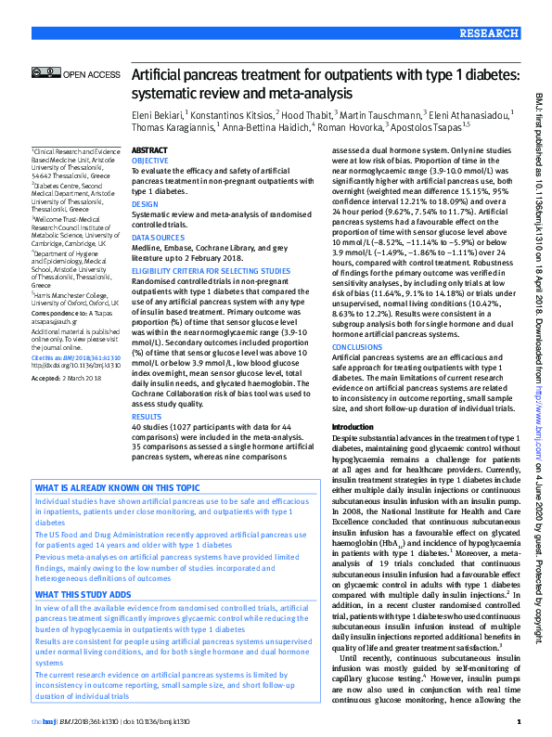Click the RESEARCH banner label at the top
click(x=487, y=32)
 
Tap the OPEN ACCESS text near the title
click(x=92, y=73)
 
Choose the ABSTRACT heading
click(x=150, y=149)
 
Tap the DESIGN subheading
click(x=145, y=203)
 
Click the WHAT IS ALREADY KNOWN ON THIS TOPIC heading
click(x=117, y=488)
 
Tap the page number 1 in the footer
click(x=519, y=721)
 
